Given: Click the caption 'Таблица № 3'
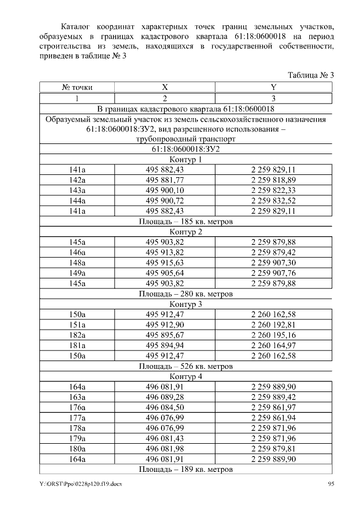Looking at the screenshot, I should click(x=311, y=75).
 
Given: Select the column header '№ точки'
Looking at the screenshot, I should click(x=77, y=87).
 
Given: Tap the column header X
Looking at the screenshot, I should click(x=165, y=87).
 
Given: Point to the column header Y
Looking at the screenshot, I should click(x=273, y=87).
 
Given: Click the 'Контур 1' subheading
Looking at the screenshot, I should click(x=186, y=160).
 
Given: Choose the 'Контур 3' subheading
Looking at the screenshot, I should click(x=186, y=304).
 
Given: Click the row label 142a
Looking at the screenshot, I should click(x=77, y=180).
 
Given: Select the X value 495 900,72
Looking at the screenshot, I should click(x=165, y=201).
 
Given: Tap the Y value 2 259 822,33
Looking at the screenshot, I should click(x=273, y=190).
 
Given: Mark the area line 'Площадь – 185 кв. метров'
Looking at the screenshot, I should click(x=186, y=222).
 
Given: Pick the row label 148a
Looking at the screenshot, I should click(x=77, y=263).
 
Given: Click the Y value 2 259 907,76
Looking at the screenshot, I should click(x=273, y=273).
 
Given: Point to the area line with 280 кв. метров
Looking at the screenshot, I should click(x=186, y=294).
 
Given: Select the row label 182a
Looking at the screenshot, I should click(x=77, y=335).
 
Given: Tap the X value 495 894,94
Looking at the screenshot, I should click(x=165, y=345).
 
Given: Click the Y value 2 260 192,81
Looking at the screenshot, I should click(x=273, y=325).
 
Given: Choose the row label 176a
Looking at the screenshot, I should click(x=77, y=407).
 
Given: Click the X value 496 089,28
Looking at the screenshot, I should click(x=165, y=397).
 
